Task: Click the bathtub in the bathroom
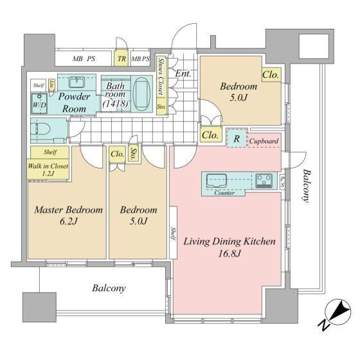pyautogui.click(x=142, y=94)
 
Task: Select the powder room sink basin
pyautogui.click(x=77, y=82)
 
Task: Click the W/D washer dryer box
pyautogui.click(x=39, y=104)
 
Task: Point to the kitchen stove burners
pyautogui.click(x=264, y=181)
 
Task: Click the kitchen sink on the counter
pyautogui.click(x=217, y=181)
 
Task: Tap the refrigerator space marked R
pyautogui.click(x=237, y=138)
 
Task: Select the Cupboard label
pyautogui.click(x=264, y=141)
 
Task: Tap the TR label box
pyautogui.click(x=122, y=59)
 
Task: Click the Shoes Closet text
pyautogui.click(x=161, y=76)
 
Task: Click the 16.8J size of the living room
pyautogui.click(x=230, y=254)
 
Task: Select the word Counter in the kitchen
pyautogui.click(x=224, y=193)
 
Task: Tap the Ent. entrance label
pyautogui.click(x=183, y=73)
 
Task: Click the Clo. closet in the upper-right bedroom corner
pyautogui.click(x=271, y=75)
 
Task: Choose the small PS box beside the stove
pyautogui.click(x=282, y=182)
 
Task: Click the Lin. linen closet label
pyautogui.click(x=52, y=84)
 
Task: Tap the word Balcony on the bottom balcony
pyautogui.click(x=109, y=288)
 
